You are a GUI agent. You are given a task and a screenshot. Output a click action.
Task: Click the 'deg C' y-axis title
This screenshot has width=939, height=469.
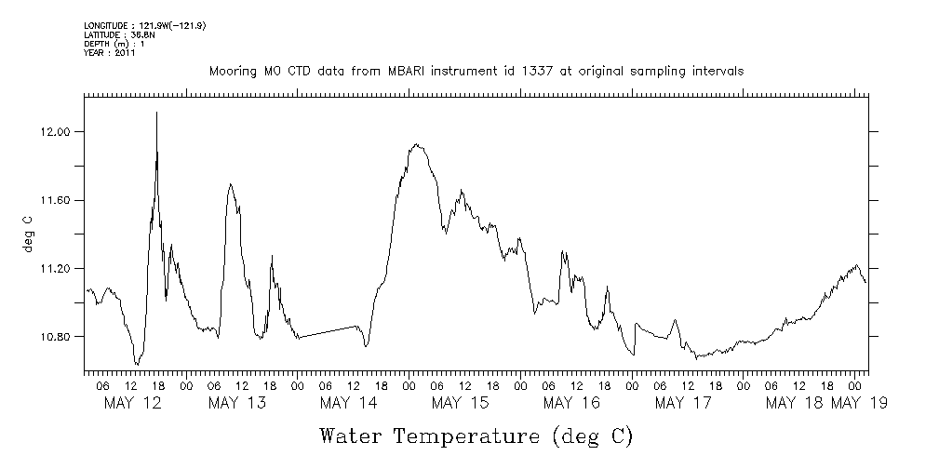click(28, 234)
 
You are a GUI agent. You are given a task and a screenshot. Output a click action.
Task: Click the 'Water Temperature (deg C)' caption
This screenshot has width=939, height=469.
click(476, 435)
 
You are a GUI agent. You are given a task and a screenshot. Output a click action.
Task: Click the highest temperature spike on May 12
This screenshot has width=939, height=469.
click(156, 113)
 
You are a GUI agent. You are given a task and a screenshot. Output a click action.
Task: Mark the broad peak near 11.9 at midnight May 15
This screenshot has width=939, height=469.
click(416, 145)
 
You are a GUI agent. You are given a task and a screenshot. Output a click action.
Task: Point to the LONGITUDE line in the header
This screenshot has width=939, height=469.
click(144, 25)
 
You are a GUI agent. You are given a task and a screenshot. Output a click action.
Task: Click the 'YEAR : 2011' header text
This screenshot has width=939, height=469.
click(110, 53)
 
